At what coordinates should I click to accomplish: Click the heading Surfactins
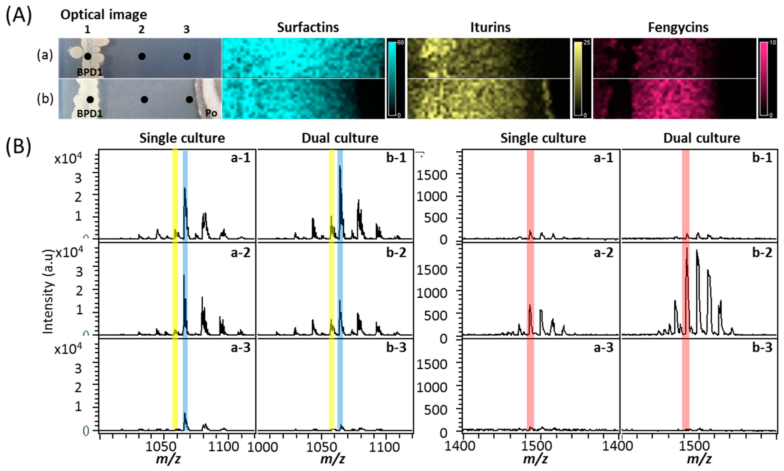tap(308, 27)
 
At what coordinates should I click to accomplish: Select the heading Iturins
tap(490, 27)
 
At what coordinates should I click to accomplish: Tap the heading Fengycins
tap(678, 27)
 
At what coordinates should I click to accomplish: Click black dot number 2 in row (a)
tap(142, 56)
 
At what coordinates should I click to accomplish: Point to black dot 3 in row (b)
tap(189, 100)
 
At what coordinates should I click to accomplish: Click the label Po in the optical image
tap(211, 113)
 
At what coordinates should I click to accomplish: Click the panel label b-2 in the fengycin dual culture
tap(762, 253)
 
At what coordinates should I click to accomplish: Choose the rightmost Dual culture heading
tap(701, 138)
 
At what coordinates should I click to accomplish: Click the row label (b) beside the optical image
tap(45, 99)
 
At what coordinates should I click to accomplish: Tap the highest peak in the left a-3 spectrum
tap(185, 414)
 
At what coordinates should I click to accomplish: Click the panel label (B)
tap(18, 147)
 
